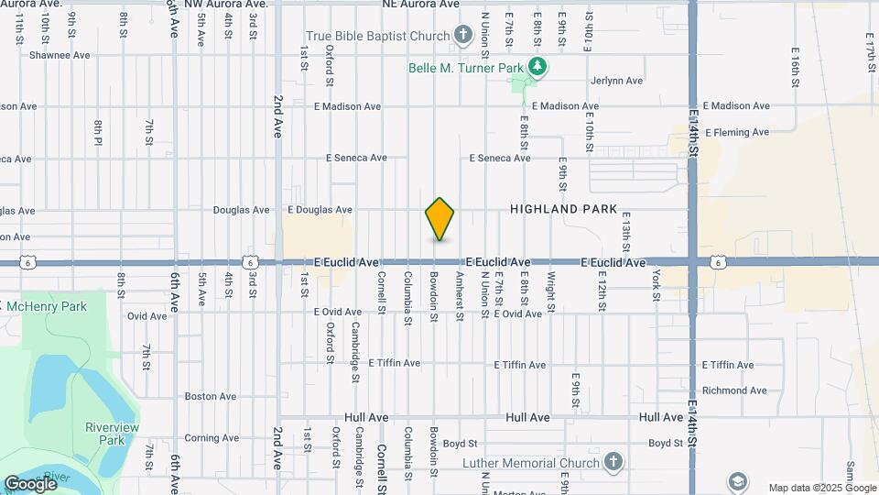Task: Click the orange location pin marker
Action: [x=440, y=218]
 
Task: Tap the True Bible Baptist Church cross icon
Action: [x=463, y=37]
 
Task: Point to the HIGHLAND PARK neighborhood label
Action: [x=563, y=209]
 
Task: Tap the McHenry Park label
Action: [x=49, y=306]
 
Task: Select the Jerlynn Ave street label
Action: [x=617, y=81]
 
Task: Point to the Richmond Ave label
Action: [x=734, y=390]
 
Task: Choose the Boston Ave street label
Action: [x=211, y=397]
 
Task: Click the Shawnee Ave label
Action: [x=60, y=55]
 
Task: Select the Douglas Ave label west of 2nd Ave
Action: [x=241, y=210]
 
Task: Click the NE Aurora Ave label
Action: [x=420, y=5]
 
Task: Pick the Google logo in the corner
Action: [x=30, y=483]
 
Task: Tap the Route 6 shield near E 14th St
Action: [x=719, y=263]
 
